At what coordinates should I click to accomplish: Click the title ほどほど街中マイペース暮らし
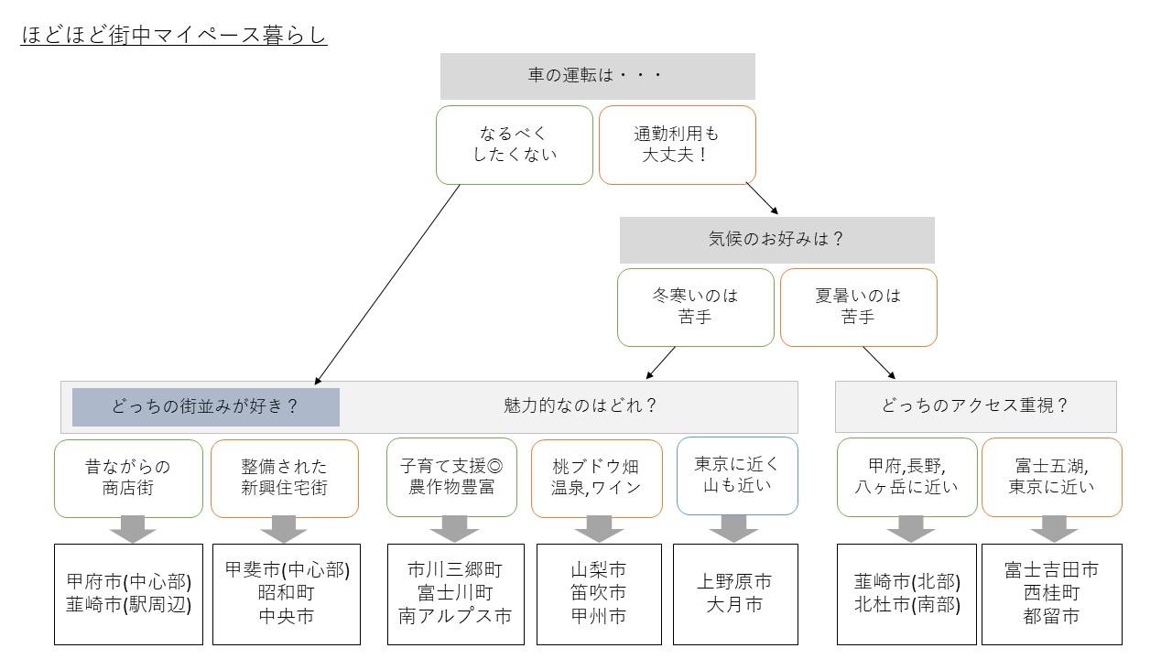[174, 37]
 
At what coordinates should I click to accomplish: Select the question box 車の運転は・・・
[597, 76]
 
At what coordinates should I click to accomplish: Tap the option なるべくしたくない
[515, 145]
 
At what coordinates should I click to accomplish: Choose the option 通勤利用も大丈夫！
[677, 145]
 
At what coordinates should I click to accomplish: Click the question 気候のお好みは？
[776, 240]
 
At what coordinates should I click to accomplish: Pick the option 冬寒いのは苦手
[695, 308]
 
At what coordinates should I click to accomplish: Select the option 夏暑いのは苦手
[858, 308]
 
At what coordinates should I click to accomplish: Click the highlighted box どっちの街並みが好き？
[206, 406]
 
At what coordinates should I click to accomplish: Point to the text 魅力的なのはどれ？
[581, 405]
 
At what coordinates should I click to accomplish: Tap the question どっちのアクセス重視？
[975, 406]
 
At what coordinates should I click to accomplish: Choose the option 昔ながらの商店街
[128, 478]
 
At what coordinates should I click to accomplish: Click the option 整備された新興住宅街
[285, 478]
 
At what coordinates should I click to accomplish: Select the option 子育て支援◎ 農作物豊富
[451, 477]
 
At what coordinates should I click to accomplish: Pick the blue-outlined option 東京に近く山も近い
[737, 475]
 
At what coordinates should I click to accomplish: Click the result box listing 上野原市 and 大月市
[735, 593]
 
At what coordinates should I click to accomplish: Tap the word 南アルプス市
[455, 616]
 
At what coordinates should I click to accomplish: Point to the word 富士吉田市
[1051, 570]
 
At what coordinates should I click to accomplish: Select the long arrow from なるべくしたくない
[387, 284]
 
